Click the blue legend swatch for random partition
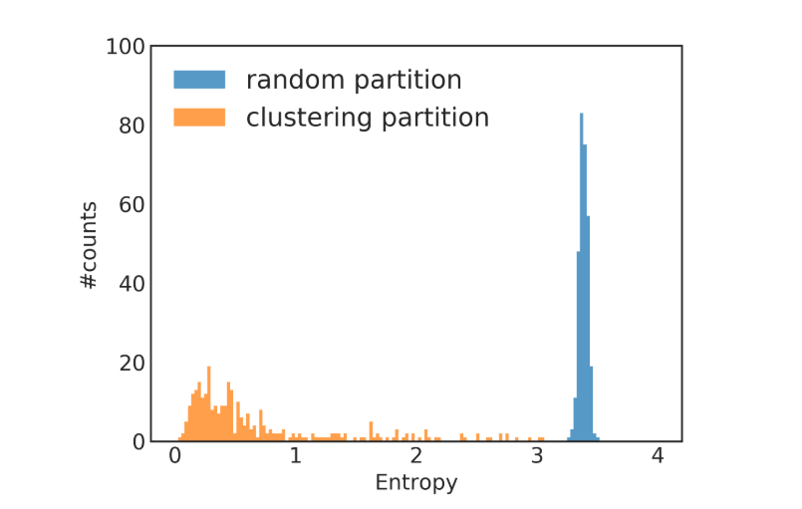[199, 80]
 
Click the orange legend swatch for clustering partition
[199, 118]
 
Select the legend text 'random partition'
[354, 80]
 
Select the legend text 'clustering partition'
[368, 118]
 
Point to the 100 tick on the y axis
[128, 46]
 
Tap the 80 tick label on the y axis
[133, 126]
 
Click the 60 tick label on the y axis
[133, 204]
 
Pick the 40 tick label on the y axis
[133, 284]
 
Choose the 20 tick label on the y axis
[133, 363]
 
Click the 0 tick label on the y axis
[138, 441]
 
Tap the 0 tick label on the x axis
[175, 457]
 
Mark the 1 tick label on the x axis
[296, 457]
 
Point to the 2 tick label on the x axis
[416, 457]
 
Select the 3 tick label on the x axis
[537, 457]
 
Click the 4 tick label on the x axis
[658, 457]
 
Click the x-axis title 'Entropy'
[416, 484]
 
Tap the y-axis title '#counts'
[90, 245]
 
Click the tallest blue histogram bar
[582, 279]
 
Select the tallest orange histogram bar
[209, 404]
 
